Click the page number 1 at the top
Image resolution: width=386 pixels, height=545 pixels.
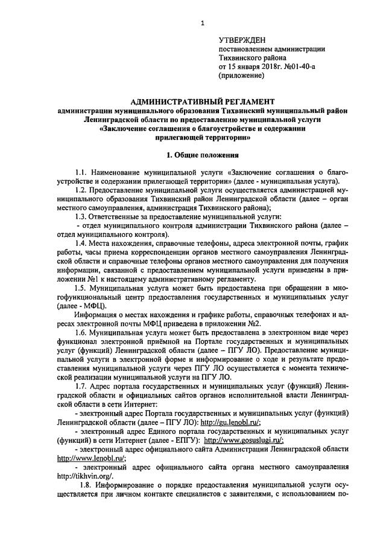[x=203, y=22]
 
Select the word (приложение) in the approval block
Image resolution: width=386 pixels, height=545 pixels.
[x=241, y=76]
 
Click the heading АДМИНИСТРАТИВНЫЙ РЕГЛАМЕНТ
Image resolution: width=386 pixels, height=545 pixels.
[x=203, y=101]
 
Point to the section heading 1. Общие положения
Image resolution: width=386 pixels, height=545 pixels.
[x=203, y=154]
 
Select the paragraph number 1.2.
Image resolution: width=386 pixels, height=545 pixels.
[x=81, y=190]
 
